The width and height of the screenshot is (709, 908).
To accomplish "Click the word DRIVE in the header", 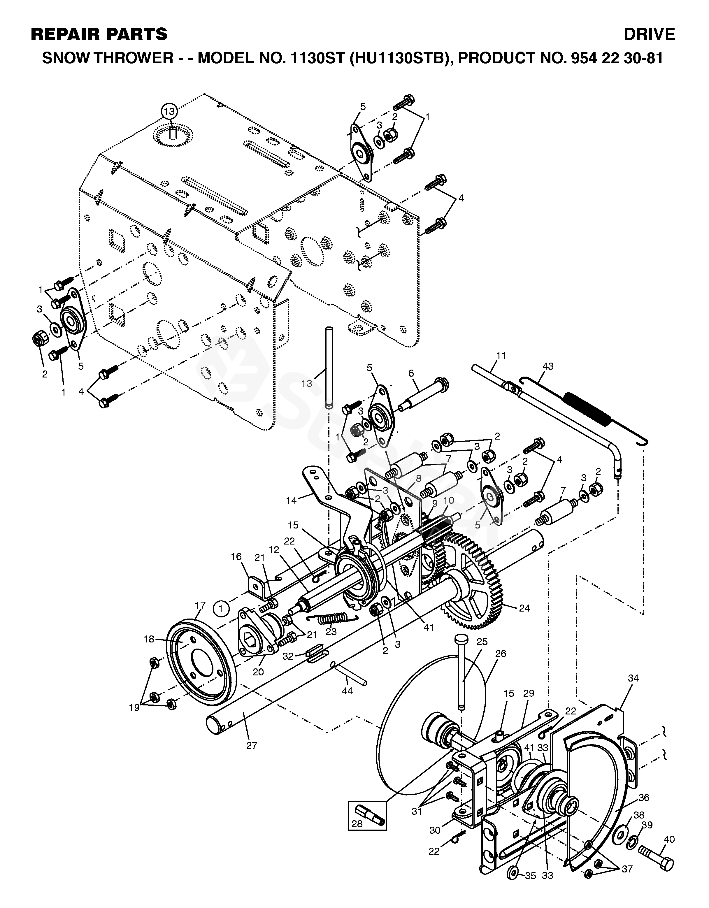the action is tap(649, 34).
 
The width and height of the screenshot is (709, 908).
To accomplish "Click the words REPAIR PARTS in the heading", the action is tap(99, 34).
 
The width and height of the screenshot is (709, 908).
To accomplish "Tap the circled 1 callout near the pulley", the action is tap(221, 610).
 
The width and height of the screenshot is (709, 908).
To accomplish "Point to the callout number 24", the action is tap(525, 608).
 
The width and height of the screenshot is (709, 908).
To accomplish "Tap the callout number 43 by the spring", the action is tap(548, 366).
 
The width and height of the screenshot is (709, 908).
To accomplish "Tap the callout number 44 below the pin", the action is tap(347, 691).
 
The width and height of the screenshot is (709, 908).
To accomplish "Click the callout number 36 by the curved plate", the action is tap(644, 798).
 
